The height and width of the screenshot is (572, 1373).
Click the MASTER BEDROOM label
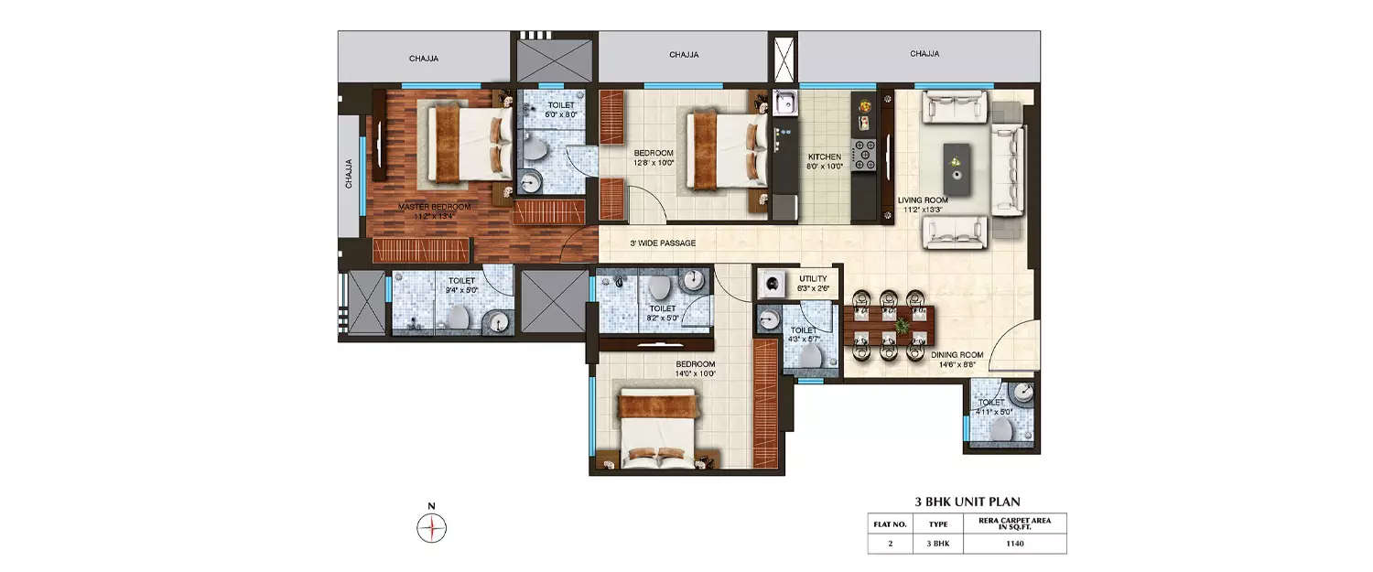(434, 208)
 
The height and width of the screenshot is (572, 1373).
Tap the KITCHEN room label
(824, 156)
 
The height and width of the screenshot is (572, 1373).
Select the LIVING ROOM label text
(922, 200)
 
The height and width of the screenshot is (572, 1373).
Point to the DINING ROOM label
(957, 354)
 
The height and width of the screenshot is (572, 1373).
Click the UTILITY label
(813, 278)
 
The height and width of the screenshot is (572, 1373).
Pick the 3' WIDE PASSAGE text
(662, 243)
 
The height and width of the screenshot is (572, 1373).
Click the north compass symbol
(431, 528)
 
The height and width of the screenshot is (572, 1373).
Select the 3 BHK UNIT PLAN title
(968, 502)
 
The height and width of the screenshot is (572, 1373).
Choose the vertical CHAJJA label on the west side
(349, 174)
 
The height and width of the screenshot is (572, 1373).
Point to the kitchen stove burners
(864, 156)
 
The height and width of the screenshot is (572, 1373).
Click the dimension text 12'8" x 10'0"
(654, 163)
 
